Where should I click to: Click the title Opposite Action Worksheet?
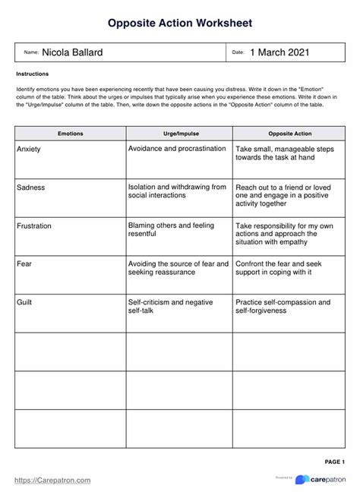179,24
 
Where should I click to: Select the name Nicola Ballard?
73,52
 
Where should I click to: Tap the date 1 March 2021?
279,52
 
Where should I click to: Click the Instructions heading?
33,74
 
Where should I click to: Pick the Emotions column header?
71,133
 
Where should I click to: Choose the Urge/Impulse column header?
178,133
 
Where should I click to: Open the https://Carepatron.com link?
53,480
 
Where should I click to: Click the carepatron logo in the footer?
322,480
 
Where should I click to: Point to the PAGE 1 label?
335,462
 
